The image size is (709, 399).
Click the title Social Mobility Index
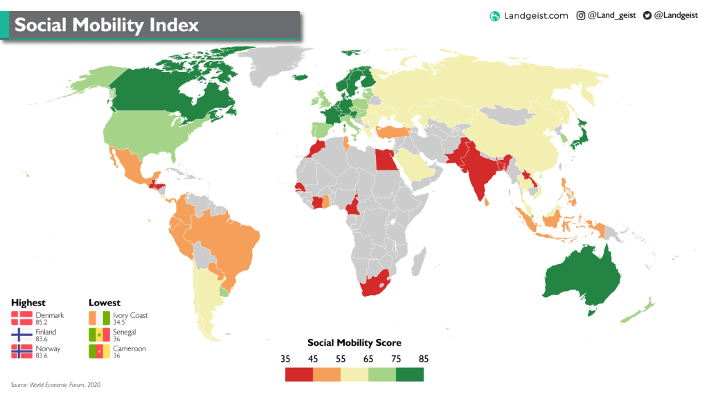(x=107, y=26)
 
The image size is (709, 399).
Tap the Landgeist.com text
(x=536, y=15)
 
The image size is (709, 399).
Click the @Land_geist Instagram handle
(x=611, y=15)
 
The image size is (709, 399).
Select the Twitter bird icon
(x=647, y=15)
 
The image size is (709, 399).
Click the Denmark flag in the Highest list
(x=21, y=319)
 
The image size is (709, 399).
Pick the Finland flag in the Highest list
(x=21, y=335)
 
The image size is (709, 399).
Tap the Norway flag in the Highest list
(x=21, y=352)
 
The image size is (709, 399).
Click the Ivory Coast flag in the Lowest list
(x=99, y=319)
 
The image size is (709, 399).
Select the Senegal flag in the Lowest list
(x=99, y=335)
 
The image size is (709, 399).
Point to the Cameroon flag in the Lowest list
(x=99, y=352)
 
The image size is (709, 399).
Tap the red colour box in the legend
(x=299, y=375)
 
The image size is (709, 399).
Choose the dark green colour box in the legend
(x=409, y=375)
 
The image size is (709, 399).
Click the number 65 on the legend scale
(x=368, y=359)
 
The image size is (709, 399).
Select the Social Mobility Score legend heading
(x=354, y=343)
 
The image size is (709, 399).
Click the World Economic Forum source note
(x=55, y=384)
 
